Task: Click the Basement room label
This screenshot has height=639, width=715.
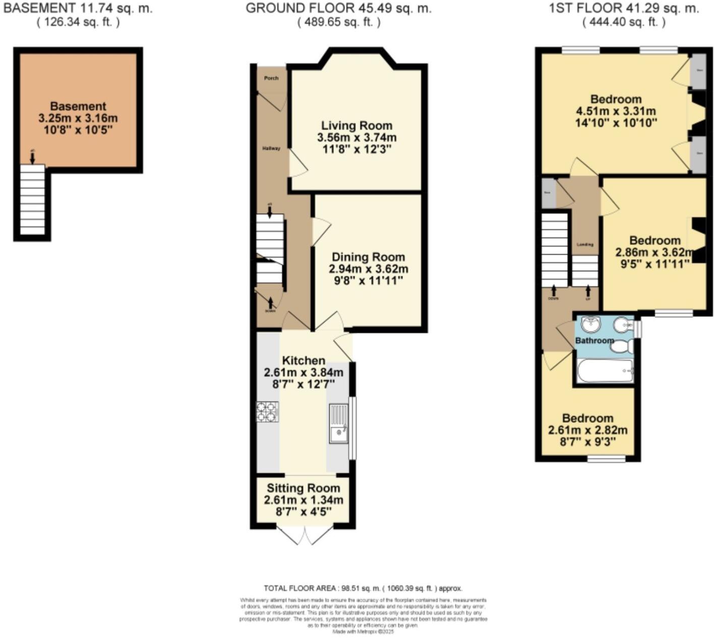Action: (x=78, y=106)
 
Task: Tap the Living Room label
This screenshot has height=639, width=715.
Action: (x=356, y=126)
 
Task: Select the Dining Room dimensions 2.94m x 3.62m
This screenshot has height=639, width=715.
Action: (x=368, y=269)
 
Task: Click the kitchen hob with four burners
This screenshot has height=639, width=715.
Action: (x=267, y=412)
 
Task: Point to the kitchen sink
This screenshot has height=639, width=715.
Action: (x=338, y=424)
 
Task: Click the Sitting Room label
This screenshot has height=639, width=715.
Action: (x=303, y=488)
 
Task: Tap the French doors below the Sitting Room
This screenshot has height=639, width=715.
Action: (x=305, y=535)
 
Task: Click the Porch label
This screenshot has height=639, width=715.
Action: (x=271, y=78)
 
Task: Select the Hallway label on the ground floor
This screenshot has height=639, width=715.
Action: (x=271, y=148)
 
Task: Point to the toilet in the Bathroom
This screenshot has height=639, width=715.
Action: (x=624, y=346)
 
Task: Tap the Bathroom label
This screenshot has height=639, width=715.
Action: (x=594, y=340)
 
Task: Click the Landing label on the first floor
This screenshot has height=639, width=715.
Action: (x=585, y=245)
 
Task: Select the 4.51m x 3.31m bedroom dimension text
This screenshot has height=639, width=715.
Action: (x=616, y=111)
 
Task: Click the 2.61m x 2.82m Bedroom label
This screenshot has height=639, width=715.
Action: (x=587, y=419)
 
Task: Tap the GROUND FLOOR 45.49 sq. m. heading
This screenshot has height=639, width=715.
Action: (x=338, y=8)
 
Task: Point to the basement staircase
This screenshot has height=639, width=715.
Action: (x=32, y=199)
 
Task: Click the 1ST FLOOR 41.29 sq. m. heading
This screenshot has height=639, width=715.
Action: (x=624, y=8)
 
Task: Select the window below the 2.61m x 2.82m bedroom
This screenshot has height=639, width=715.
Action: (x=607, y=459)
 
